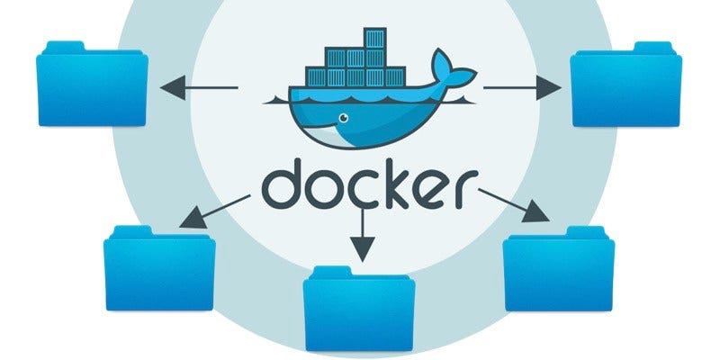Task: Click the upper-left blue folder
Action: pos(92,86)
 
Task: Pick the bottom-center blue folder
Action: pos(359,310)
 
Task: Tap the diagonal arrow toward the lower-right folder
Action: pos(513,204)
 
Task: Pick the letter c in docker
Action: pos(358,190)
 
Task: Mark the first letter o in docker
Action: pos(321,190)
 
